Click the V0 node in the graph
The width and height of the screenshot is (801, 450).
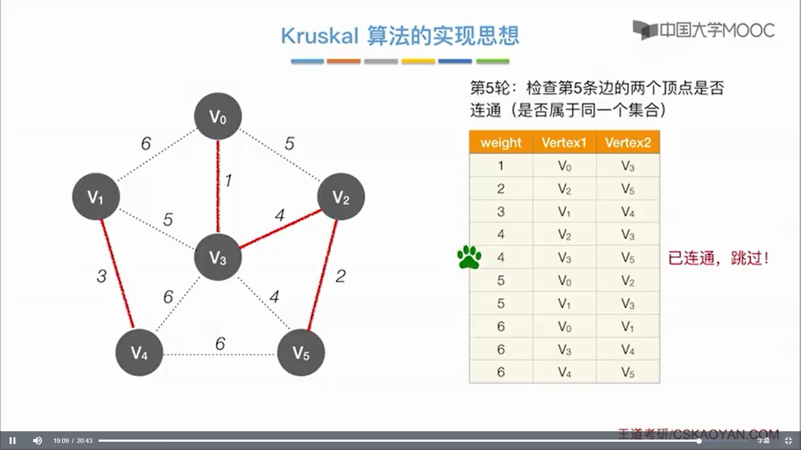218,116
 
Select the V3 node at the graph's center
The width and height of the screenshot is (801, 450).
218,257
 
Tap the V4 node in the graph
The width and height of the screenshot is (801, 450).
139,352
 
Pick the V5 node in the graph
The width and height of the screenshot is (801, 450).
301,352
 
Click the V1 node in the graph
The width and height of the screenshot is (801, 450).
96,196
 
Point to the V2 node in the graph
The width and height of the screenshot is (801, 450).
341,196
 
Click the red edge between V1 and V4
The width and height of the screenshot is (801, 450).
118,274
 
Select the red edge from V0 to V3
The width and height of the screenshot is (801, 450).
218,187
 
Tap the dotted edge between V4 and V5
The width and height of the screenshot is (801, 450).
220,355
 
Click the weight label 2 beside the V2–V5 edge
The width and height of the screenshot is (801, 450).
340,276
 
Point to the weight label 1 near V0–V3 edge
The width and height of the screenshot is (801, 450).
228,180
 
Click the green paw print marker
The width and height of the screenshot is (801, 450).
469,257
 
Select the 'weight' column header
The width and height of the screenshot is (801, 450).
501,142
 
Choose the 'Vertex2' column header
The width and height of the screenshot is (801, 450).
628,142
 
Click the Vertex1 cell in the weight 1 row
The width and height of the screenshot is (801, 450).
564,166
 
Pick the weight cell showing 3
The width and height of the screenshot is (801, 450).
501,212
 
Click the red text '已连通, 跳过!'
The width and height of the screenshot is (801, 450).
718,258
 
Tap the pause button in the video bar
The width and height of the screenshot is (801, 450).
13,440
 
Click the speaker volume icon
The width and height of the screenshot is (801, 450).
37,440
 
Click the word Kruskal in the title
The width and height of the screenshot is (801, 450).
320,36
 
